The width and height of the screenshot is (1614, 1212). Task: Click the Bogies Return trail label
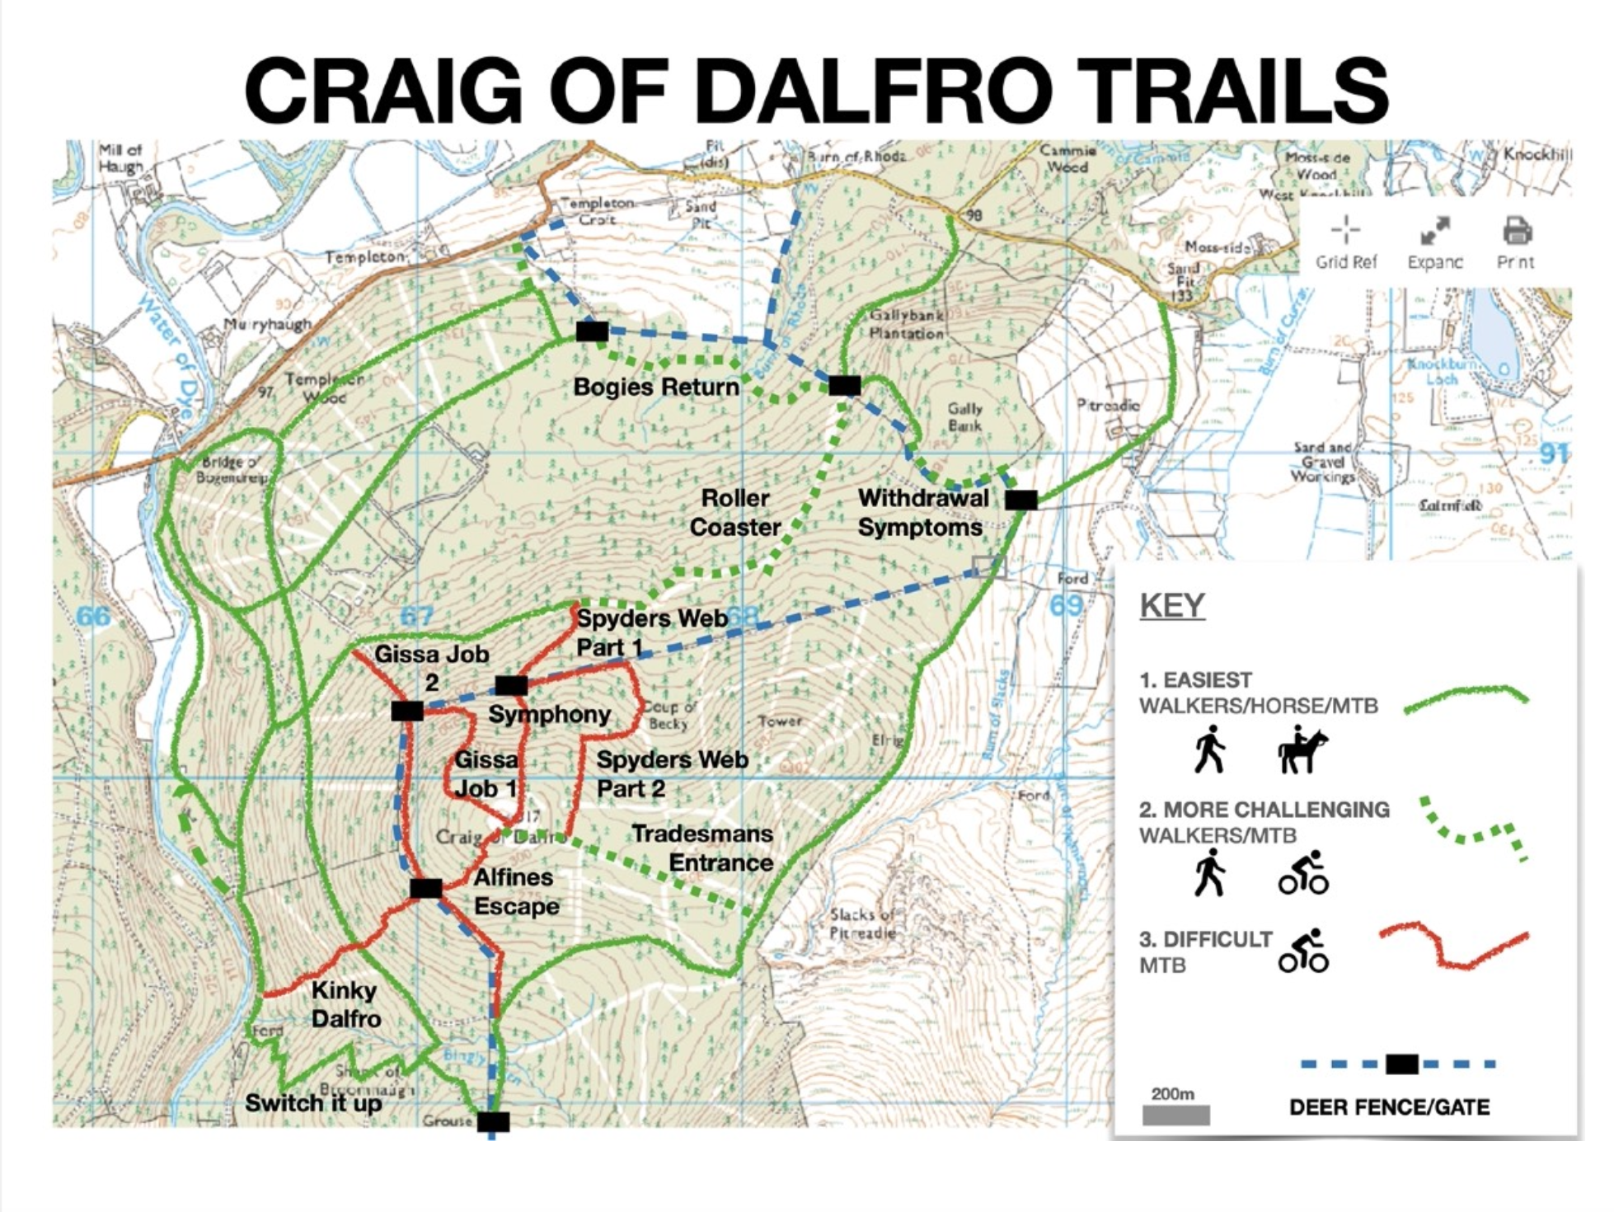(656, 387)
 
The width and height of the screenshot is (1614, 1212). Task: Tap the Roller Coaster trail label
(734, 513)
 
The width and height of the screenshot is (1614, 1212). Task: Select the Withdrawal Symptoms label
(922, 513)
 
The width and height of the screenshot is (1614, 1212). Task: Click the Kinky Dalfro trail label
(345, 1004)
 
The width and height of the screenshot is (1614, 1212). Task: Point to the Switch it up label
(312, 1103)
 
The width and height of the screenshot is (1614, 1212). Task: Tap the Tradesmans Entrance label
(702, 848)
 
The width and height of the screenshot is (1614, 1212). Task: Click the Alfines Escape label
(515, 891)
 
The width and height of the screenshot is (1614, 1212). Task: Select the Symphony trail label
(549, 714)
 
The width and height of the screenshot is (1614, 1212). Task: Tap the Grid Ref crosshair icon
(1345, 230)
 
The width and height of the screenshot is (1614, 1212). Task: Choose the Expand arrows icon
(1434, 231)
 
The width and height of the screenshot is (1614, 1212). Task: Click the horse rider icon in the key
(1302, 749)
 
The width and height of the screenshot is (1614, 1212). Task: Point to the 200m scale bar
(1175, 1116)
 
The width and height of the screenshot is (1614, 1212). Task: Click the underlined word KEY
(1171, 606)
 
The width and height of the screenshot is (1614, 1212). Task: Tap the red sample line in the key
(1452, 948)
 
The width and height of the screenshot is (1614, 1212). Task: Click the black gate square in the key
(1401, 1064)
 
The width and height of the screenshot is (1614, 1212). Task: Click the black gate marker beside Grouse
(493, 1121)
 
